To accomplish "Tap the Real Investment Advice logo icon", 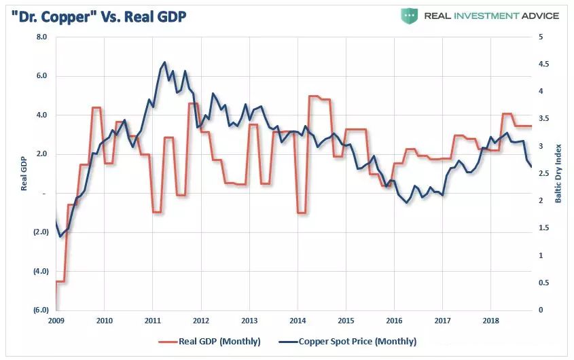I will tap(409, 15).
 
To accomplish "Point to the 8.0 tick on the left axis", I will tap(41, 37).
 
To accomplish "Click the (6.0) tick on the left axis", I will tap(40, 310).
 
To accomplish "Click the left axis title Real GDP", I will tap(24, 174).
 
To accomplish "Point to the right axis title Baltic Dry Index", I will tap(558, 174).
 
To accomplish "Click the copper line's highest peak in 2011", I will tap(164, 62).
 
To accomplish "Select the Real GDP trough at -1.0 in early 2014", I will tap(302, 213).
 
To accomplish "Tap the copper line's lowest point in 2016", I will tap(407, 202).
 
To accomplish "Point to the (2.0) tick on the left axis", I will tap(40, 232).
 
